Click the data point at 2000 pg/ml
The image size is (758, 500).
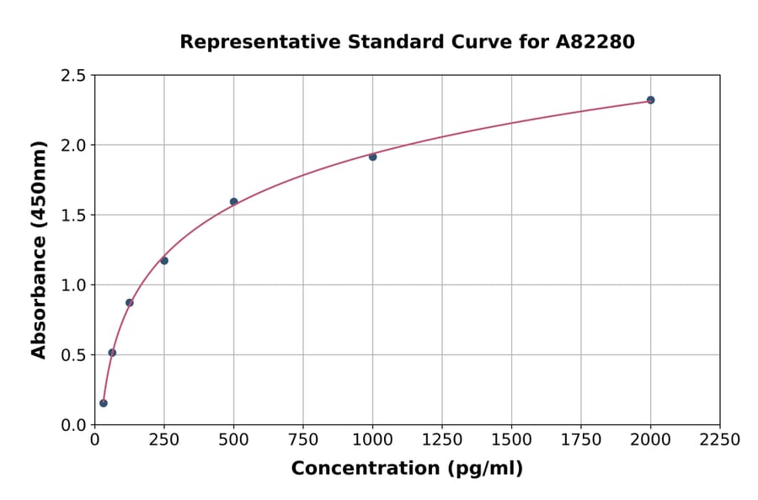click(x=650, y=100)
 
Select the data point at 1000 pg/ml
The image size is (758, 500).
click(x=372, y=157)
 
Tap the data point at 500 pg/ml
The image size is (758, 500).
click(x=233, y=202)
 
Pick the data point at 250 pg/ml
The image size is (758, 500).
click(x=164, y=261)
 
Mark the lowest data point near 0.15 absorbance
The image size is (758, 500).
click(x=104, y=403)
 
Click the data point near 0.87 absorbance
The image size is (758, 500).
click(x=130, y=303)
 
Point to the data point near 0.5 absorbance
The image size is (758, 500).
click(x=112, y=353)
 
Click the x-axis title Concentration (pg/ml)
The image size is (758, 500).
click(x=407, y=469)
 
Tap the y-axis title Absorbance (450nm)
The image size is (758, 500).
click(x=39, y=250)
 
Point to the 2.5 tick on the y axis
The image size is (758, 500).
click(x=74, y=76)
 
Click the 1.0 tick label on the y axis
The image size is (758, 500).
click(x=74, y=285)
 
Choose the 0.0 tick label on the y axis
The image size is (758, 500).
click(x=74, y=425)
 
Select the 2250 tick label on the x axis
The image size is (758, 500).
click(x=720, y=440)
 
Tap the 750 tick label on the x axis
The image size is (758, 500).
click(x=303, y=440)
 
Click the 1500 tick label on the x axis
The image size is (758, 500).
click(x=511, y=440)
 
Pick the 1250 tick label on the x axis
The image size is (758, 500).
click(x=442, y=440)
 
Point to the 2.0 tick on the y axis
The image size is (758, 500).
click(x=74, y=146)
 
